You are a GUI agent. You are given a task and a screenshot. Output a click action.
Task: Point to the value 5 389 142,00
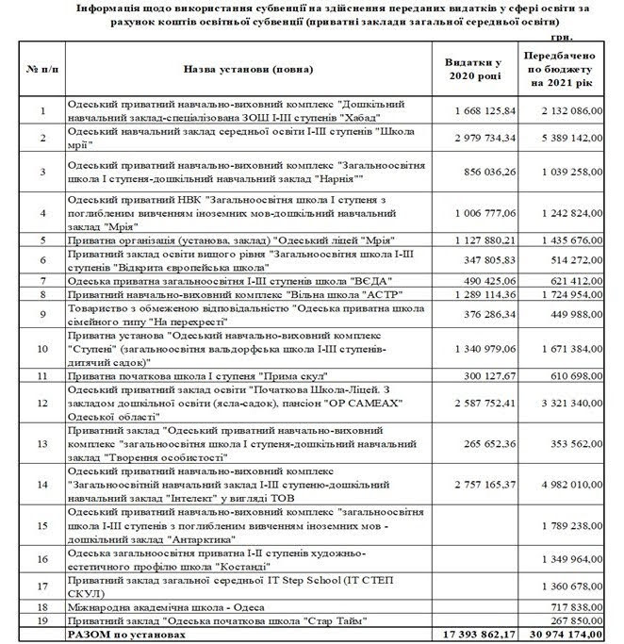click(568, 138)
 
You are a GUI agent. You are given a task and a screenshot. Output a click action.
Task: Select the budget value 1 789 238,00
click(568, 526)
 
